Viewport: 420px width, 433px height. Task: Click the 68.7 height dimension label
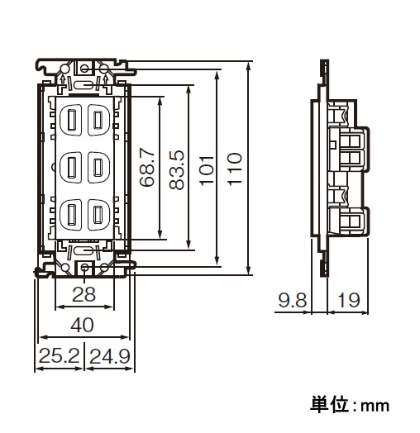[x=147, y=168]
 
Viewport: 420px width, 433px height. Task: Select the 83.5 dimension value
[x=177, y=169]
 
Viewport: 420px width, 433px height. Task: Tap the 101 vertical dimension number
[x=207, y=170]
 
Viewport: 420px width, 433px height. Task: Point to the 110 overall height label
[x=235, y=169]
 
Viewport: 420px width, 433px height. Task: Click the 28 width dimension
[x=84, y=294]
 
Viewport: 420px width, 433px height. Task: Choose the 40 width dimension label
[x=83, y=325]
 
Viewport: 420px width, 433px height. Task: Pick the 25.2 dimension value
[x=60, y=355]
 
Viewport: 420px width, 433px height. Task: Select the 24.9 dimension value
[x=110, y=356]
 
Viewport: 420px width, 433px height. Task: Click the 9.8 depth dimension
[x=293, y=300]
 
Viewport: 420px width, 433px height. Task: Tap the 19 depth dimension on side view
[x=349, y=300]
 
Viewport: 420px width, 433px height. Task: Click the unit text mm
[x=375, y=407]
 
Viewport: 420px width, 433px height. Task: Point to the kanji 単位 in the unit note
[x=329, y=405]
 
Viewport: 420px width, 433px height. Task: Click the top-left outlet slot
[x=72, y=120]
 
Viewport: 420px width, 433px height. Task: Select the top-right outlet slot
[x=98, y=120]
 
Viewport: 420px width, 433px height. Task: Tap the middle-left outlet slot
[x=72, y=167]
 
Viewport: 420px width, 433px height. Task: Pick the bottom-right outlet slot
[x=98, y=214]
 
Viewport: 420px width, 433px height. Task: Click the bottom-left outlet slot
[x=72, y=214]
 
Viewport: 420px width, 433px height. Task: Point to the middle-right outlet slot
[x=98, y=167]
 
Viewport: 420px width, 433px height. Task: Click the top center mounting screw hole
[x=84, y=68]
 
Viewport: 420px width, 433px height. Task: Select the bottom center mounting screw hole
[x=84, y=267]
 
